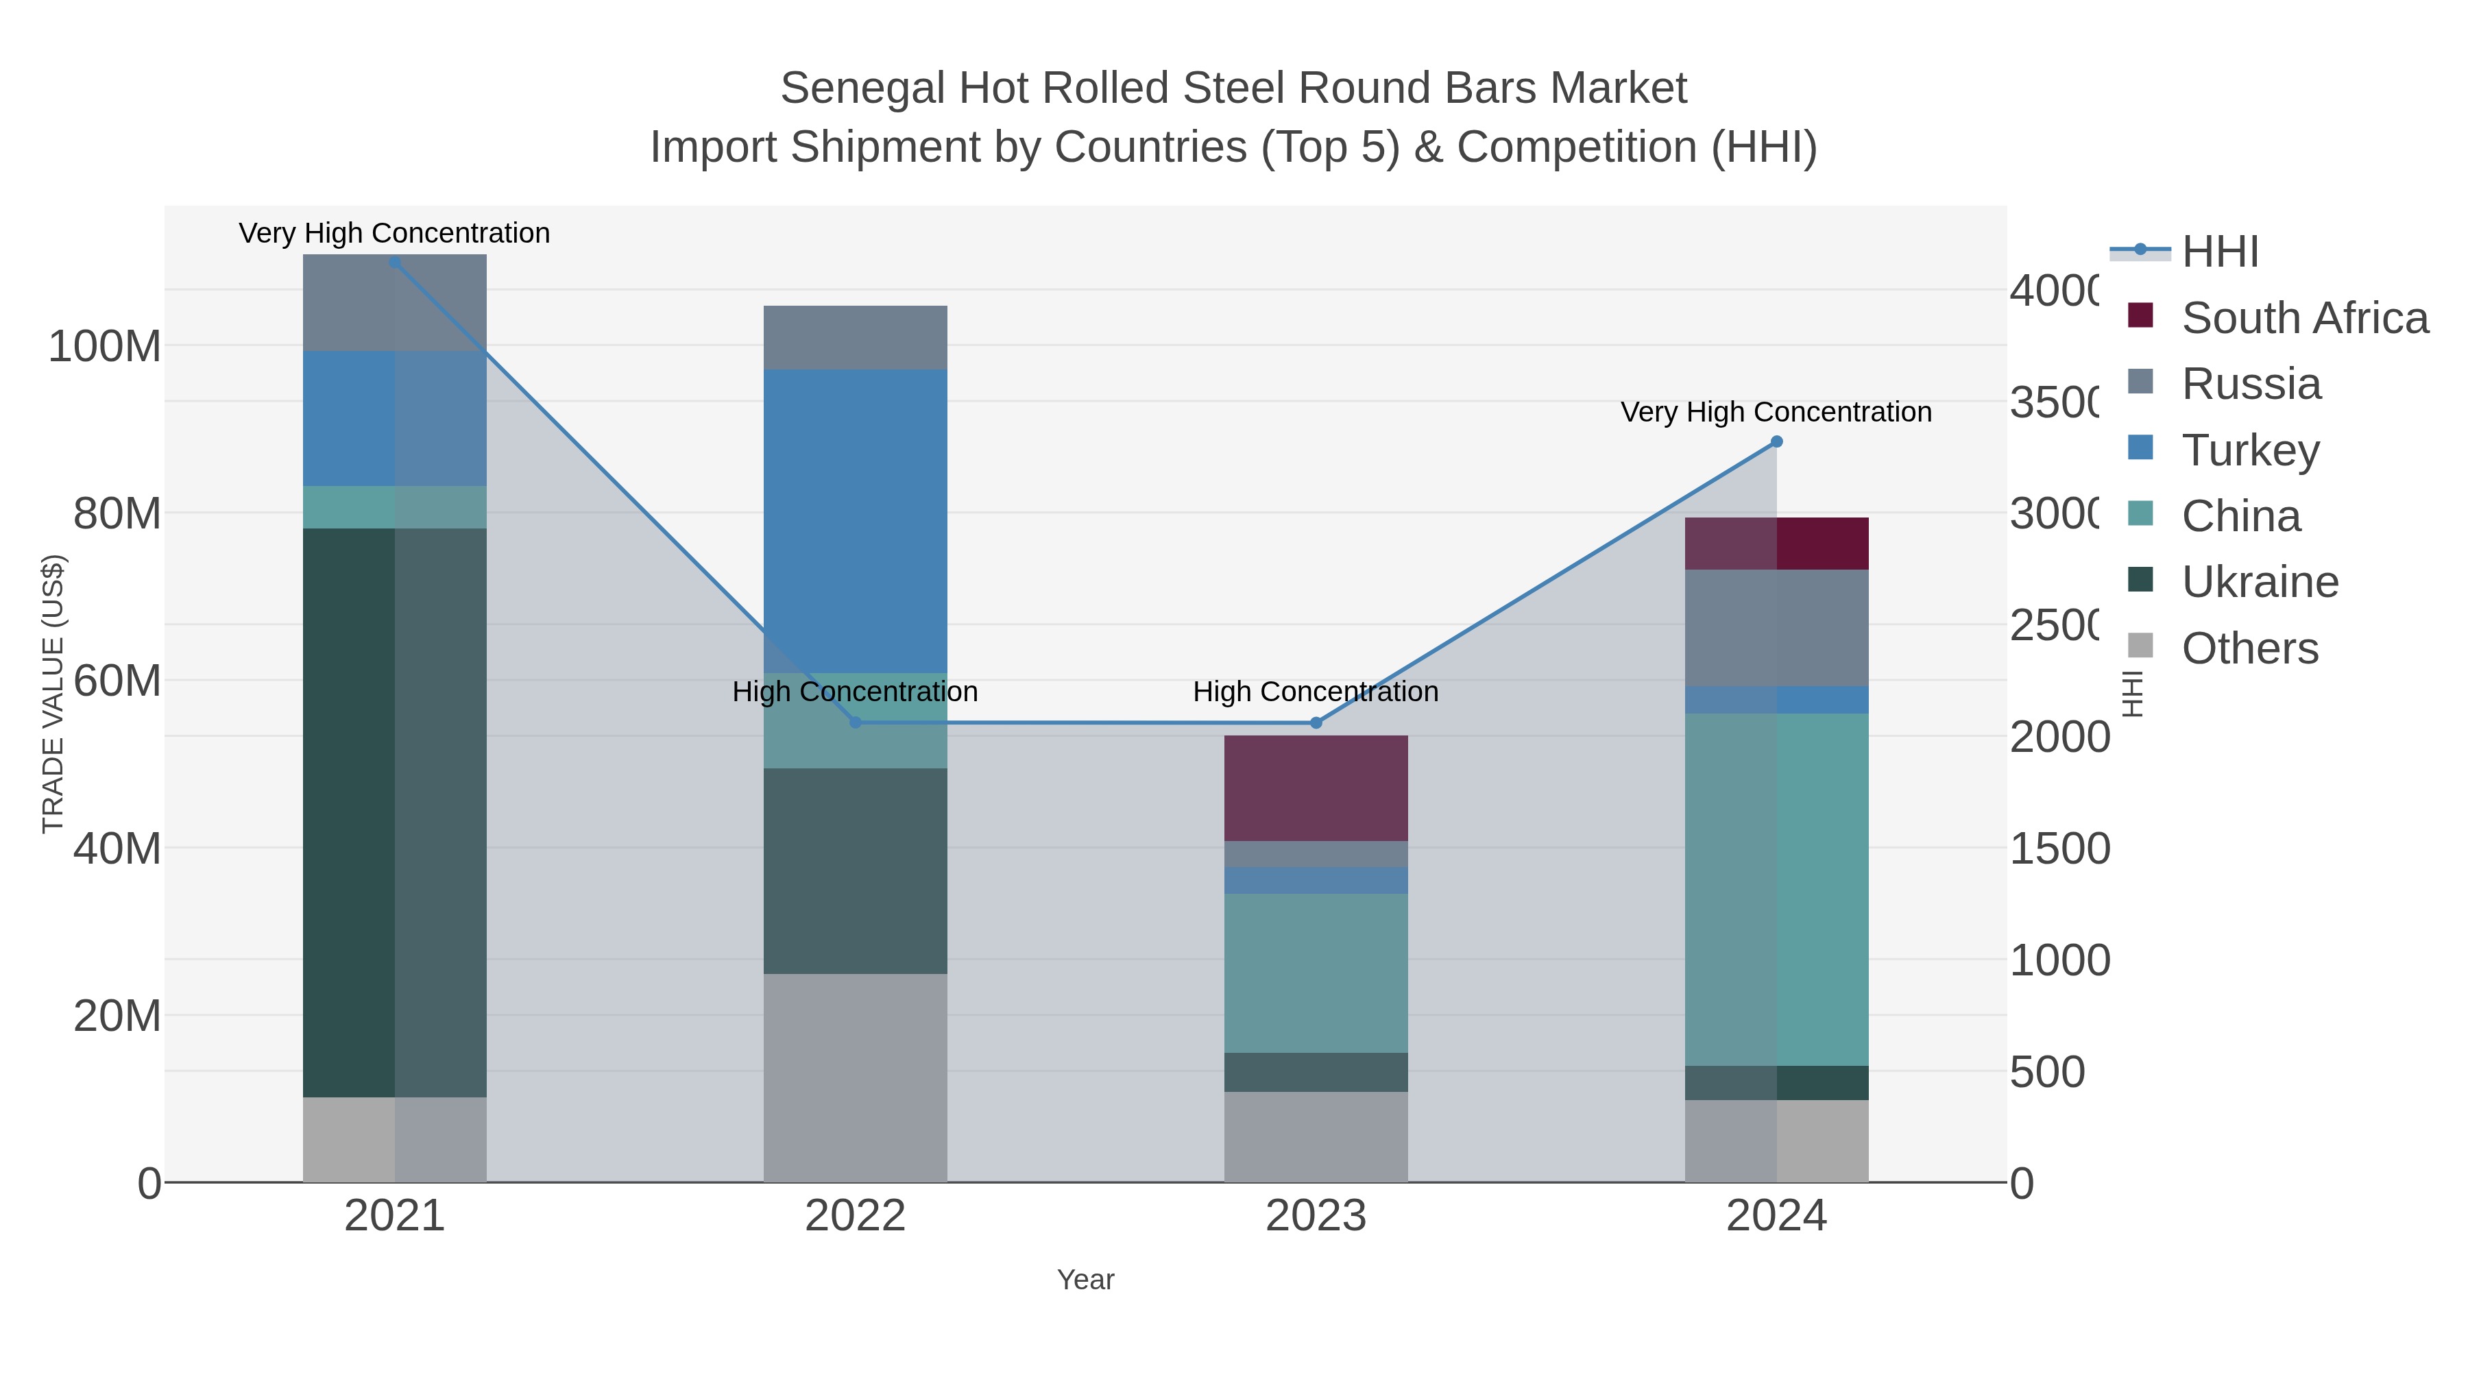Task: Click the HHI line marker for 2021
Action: pos(395,263)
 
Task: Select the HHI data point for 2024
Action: pos(1776,441)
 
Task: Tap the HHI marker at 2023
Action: pos(1316,723)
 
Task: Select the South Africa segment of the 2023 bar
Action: pos(1316,788)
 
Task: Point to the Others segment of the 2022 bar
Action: pos(855,1077)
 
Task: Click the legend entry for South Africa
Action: pos(2304,318)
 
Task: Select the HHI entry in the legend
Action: pos(2220,252)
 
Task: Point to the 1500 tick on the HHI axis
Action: pos(2059,849)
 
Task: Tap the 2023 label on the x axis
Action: pos(1316,1215)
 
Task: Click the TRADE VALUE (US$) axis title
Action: pos(53,694)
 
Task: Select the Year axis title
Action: pos(1085,1280)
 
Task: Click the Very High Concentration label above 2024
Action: pos(1776,412)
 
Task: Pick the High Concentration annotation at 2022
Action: pos(855,692)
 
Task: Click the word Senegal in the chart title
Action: pos(861,88)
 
